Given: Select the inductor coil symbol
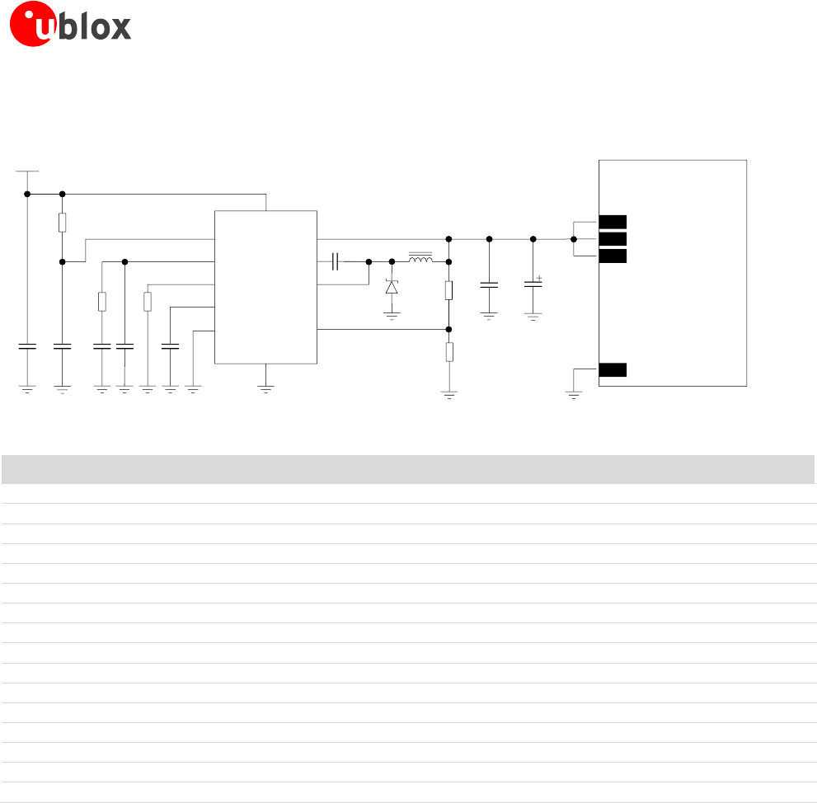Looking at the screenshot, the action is (420, 260).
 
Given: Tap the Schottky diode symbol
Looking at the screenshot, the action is (392, 287).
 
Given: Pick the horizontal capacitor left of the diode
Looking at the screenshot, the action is (336, 261).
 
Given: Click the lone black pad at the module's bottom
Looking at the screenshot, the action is (613, 369).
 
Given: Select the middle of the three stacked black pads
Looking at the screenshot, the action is (613, 239).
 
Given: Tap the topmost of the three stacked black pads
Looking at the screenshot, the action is (613, 222).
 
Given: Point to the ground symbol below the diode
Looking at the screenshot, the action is (392, 314).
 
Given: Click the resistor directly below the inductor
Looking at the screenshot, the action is (448, 290).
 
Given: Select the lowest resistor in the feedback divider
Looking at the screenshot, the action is (448, 352).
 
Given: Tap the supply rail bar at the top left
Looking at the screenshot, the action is (27, 171).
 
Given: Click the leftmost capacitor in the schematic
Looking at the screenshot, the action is (27, 346).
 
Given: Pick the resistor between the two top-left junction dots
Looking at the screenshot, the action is (63, 223).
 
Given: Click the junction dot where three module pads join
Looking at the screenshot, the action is (574, 239).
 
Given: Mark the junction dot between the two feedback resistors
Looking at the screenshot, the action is (448, 329).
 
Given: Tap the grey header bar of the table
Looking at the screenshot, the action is (408, 469).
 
